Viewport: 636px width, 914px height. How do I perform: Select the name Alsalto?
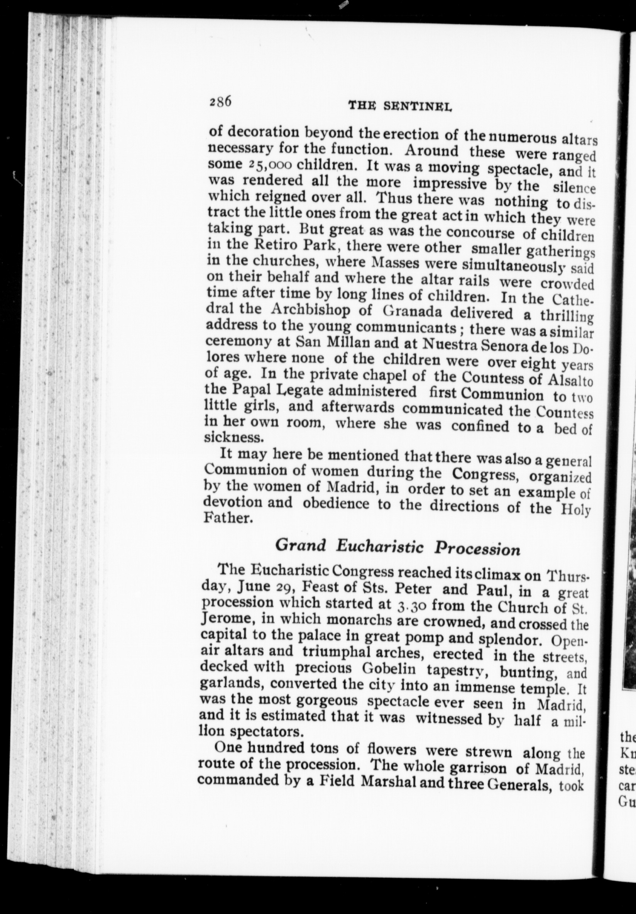[x=570, y=380]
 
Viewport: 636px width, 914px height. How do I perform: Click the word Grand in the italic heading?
[x=301, y=545]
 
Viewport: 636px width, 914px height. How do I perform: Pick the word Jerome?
[x=227, y=620]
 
